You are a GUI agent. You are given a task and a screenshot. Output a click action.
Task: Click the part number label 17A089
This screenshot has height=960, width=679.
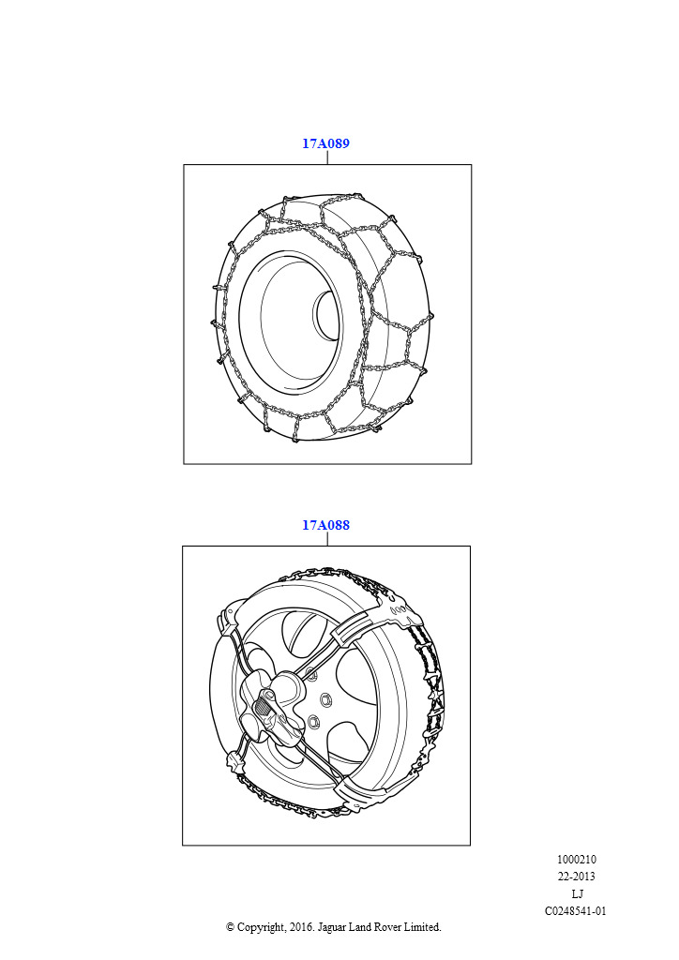click(x=325, y=143)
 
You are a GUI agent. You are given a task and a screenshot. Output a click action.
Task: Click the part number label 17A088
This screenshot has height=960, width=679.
click(x=325, y=525)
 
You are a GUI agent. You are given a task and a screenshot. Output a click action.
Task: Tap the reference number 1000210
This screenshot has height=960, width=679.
click(x=576, y=859)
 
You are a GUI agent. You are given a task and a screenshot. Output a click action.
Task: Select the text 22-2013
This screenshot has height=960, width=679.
click(x=576, y=877)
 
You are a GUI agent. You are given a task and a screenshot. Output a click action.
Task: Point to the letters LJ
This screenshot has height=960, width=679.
click(x=577, y=893)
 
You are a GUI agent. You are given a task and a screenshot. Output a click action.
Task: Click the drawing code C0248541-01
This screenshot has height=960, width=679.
click(x=576, y=910)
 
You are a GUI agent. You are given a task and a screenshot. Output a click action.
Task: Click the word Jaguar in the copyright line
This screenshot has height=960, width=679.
click(x=331, y=927)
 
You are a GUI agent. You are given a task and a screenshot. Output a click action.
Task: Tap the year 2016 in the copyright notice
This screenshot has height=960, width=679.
click(x=301, y=927)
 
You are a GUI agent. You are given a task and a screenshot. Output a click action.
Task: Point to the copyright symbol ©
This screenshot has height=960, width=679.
click(x=230, y=927)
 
